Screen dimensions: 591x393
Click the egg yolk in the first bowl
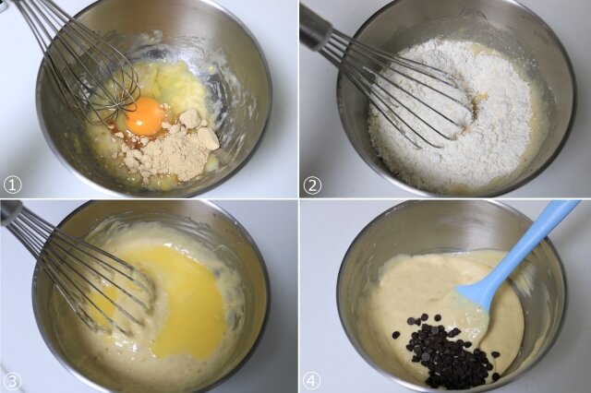(x=146, y=116)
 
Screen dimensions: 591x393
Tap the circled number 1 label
(x=12, y=185)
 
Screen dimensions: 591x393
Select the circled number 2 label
(x=312, y=185)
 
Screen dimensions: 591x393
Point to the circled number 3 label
(x=11, y=381)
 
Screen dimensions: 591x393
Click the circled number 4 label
(x=312, y=381)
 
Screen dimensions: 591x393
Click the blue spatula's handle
(x=527, y=244)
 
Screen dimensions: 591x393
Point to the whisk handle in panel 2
(x=316, y=29)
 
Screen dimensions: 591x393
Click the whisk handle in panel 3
(x=10, y=213)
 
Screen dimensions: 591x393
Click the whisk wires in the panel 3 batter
(x=87, y=275)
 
